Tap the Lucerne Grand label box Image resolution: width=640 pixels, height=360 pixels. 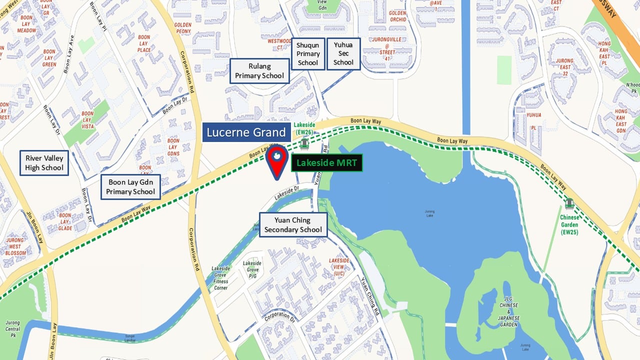coord(246,132)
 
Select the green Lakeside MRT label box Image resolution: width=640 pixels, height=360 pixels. coord(326,162)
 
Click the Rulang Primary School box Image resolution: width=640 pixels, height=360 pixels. coord(259,71)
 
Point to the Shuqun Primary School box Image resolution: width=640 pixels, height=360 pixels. coord(308,53)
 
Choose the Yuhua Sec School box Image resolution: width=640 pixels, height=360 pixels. coord(343,53)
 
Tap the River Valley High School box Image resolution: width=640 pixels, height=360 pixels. coord(44,163)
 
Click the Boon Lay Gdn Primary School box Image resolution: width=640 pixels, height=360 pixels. coord(130,187)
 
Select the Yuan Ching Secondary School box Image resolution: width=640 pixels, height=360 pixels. coord(293,225)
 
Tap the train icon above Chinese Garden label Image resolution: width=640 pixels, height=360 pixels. coord(569,203)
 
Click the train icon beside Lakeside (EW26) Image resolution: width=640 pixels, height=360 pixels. coord(304,144)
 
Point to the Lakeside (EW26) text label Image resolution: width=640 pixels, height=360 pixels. coord(304,128)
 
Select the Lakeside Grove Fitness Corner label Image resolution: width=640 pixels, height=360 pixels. coord(220,278)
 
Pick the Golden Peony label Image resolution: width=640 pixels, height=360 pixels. coord(183,27)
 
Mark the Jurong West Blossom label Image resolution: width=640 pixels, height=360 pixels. coord(15,246)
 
